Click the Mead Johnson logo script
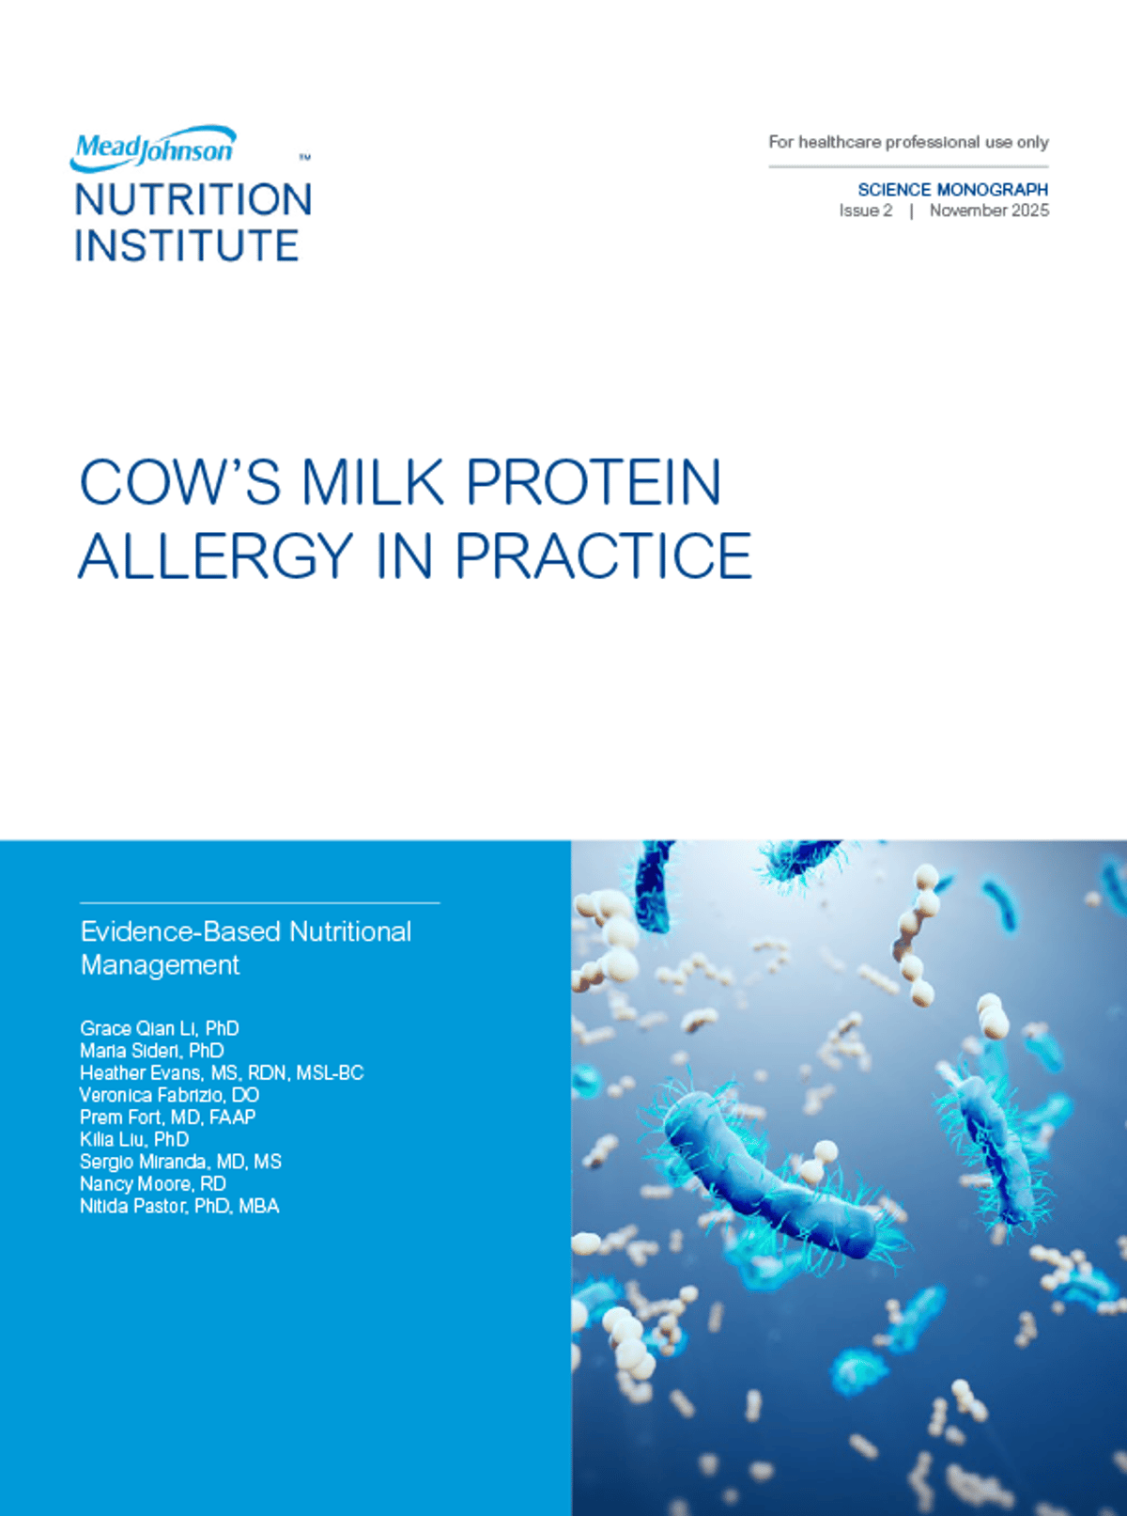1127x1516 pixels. tap(154, 148)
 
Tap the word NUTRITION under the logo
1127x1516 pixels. tap(193, 200)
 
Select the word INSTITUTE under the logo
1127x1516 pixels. tap(186, 246)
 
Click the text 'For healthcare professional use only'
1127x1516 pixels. tap(908, 142)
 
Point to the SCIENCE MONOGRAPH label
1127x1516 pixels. tap(952, 190)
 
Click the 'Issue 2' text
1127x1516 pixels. tap(866, 211)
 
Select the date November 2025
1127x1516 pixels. tap(989, 211)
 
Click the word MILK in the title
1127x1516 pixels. tap(373, 483)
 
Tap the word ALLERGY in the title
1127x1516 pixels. tap(216, 556)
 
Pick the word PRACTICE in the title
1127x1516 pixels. tap(603, 556)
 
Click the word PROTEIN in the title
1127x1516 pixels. tap(594, 483)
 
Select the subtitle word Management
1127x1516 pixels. tap(161, 965)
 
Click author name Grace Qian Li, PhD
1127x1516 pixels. tap(160, 1028)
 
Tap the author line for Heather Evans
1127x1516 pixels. tap(222, 1072)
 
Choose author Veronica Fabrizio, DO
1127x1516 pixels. tap(169, 1095)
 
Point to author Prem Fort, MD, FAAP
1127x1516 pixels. tap(167, 1117)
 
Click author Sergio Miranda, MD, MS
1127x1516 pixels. tap(180, 1162)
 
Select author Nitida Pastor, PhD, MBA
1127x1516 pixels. tap(179, 1206)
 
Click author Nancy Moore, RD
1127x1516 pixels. tap(153, 1184)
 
